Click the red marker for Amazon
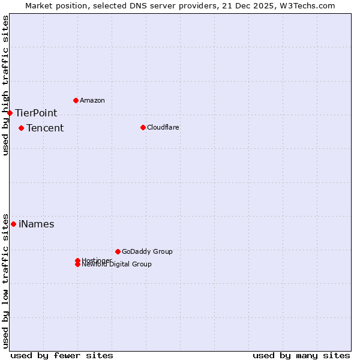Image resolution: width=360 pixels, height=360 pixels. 76,100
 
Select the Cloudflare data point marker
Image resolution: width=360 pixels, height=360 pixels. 143,127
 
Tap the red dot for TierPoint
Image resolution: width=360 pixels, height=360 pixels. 10,113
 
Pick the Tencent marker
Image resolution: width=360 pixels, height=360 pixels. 21,128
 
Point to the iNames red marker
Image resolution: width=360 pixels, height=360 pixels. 13,224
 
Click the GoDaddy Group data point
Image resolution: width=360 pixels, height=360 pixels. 118,251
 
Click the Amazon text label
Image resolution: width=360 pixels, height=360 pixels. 92,100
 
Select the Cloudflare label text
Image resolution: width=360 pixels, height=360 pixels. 163,127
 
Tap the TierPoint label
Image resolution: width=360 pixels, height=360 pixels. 36,113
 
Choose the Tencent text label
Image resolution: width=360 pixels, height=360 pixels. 45,128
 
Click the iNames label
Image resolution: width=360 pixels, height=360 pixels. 36,224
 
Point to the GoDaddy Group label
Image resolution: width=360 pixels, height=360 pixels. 147,251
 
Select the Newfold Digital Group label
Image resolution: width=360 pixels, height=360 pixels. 116,264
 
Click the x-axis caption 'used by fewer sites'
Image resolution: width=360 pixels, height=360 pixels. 62,355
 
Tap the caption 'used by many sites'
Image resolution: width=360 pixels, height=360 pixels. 301,355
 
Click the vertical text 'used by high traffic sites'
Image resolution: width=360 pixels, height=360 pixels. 5,85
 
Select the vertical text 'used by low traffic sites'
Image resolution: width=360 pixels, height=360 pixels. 5,280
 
